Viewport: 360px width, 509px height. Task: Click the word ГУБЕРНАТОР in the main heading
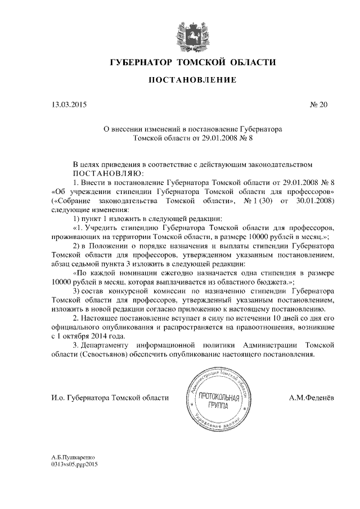pyautogui.click(x=140, y=61)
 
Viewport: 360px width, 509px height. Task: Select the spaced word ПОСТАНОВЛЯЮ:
pyautogui.click(x=109, y=173)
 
